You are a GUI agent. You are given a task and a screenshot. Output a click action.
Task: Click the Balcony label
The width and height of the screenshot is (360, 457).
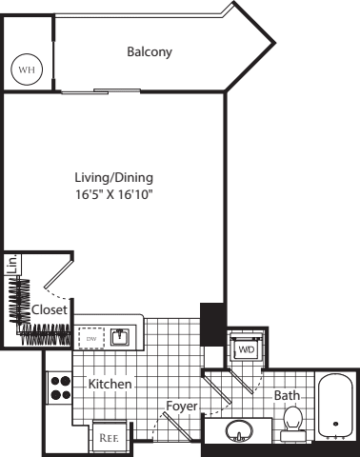[x=150, y=52]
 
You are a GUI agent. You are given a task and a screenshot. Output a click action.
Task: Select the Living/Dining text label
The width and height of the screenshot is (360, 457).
[x=113, y=177]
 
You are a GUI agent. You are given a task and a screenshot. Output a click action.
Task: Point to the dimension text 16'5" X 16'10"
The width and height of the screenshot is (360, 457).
[x=113, y=194]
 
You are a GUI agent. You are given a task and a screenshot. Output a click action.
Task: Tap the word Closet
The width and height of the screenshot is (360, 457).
[x=49, y=310]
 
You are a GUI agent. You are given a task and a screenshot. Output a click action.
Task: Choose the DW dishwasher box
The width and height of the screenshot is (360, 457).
[x=91, y=337]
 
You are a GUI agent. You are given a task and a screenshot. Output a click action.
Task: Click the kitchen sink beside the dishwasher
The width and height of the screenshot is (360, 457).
[x=121, y=336]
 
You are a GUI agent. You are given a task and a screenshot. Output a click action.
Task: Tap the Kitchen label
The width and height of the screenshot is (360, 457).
[x=110, y=384]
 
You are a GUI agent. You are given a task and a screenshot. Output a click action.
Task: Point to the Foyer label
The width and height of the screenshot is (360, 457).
[x=181, y=407]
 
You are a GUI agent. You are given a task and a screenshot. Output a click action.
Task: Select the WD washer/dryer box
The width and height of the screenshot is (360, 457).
[x=246, y=349]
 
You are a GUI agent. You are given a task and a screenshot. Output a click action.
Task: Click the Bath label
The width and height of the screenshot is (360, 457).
[x=287, y=395]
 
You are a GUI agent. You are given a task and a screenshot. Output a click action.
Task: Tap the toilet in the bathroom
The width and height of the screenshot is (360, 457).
[x=294, y=421]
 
